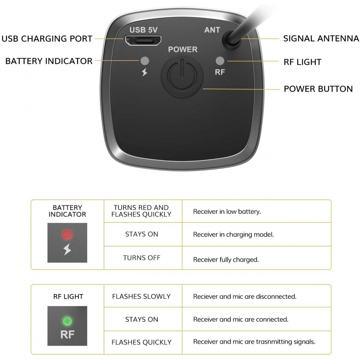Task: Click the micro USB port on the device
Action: tap(143, 40)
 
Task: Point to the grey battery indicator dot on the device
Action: tap(145, 61)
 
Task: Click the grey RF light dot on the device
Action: tap(220, 61)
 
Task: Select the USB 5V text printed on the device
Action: tap(144, 30)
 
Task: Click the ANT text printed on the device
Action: tap(212, 30)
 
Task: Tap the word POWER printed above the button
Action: tap(183, 49)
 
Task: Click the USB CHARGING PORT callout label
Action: tap(47, 39)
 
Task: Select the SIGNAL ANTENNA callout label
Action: tap(321, 39)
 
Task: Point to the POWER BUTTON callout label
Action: tap(318, 89)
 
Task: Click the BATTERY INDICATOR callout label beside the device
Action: tap(49, 61)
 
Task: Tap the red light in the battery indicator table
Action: tap(67, 235)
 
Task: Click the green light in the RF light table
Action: tap(67, 321)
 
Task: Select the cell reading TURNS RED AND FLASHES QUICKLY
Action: tap(141, 211)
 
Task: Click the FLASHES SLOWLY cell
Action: tap(141, 296)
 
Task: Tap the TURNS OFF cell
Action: tap(141, 258)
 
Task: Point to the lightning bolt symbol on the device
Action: tap(144, 72)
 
